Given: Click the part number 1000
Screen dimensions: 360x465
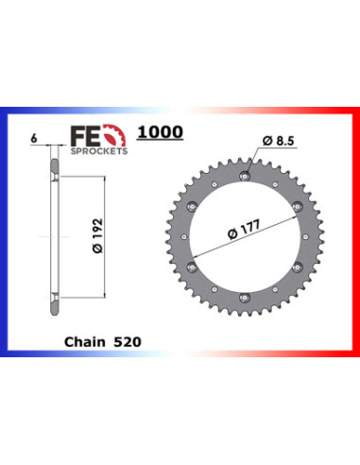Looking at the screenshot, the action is [160, 132].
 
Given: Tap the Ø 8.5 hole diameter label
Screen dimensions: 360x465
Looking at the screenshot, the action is [278, 141].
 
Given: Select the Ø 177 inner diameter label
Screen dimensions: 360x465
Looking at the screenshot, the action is [244, 230].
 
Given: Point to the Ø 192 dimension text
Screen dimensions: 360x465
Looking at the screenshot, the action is [97, 235].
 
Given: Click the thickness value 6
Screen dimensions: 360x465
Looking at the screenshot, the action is [34, 138].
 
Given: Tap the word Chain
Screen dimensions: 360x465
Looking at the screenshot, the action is [85, 342].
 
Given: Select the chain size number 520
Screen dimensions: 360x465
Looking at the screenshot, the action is [128, 342].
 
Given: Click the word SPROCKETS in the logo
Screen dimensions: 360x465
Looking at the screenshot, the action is [99, 151].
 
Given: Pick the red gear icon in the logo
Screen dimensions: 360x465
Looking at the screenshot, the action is [116, 135].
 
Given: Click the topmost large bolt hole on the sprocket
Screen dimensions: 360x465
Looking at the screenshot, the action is [245, 176].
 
